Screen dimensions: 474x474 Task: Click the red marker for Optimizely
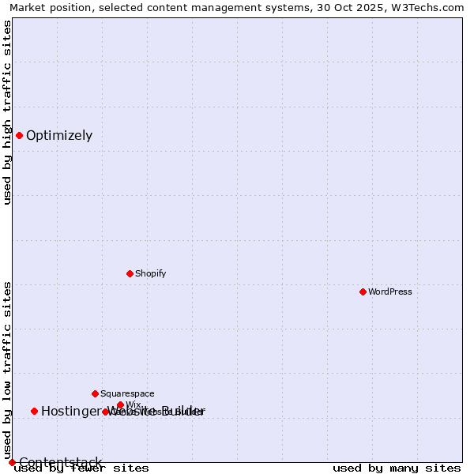coord(19,135)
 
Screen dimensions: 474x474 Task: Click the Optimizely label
coord(59,135)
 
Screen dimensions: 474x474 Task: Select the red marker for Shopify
coord(130,273)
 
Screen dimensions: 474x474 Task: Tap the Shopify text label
coord(150,273)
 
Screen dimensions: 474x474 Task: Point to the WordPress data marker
coord(363,292)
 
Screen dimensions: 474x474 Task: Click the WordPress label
coord(390,292)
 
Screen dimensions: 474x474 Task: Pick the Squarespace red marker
coord(95,393)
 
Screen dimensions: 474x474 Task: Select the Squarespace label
coord(127,393)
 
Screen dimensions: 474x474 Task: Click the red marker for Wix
coord(120,404)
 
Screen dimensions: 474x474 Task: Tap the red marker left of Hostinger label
coord(34,411)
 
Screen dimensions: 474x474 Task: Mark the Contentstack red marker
coord(12,462)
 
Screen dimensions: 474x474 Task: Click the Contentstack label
coord(60,462)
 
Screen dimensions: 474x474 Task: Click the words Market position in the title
coord(47,8)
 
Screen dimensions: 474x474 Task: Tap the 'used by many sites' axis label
coord(397,468)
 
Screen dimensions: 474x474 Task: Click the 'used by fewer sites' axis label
coord(81,468)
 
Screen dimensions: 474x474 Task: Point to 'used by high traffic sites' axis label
coord(7,112)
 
